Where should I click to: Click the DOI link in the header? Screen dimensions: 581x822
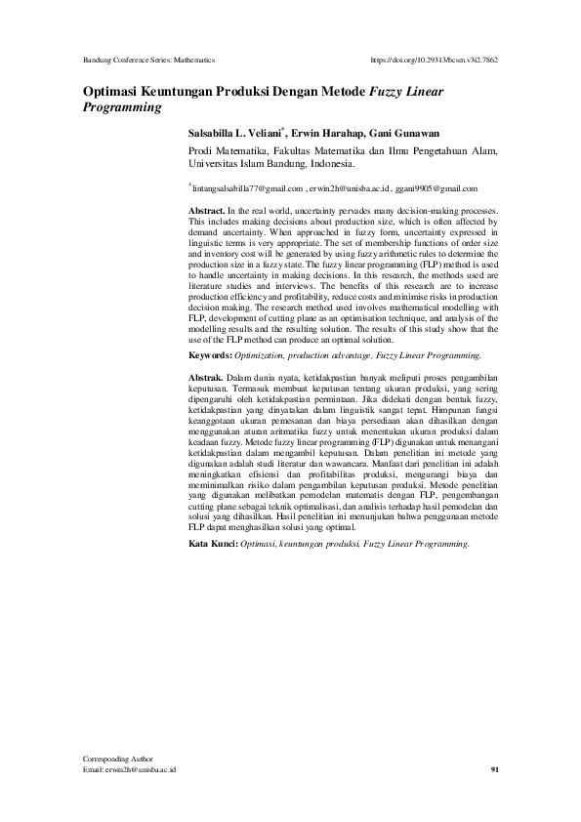coord(436,60)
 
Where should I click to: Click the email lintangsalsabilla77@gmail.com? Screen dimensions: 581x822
coord(248,188)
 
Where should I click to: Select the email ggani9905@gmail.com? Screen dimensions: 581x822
coord(436,188)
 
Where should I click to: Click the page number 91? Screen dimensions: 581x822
coord(494,770)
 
